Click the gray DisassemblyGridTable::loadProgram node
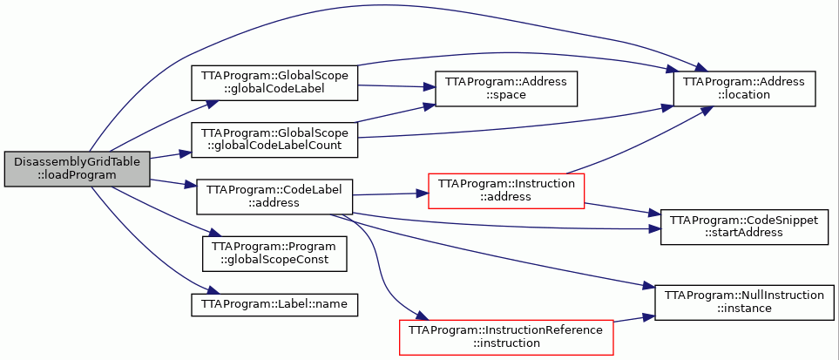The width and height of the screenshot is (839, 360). pos(77,169)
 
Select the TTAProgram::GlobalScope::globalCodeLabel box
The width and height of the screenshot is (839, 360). pos(274,83)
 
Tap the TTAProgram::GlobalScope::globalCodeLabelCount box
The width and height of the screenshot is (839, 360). pos(274,139)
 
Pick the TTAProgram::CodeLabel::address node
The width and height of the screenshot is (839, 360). pos(274,197)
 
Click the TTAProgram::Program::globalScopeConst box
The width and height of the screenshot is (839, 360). pos(274,254)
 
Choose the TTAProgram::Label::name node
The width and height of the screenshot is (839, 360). pos(274,304)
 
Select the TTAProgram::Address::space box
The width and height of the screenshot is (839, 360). pos(506,88)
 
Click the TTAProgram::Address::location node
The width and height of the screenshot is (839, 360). pos(744,88)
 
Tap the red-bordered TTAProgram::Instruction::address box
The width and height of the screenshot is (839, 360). pos(506,191)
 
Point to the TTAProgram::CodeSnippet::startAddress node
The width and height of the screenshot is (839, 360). pos(744,228)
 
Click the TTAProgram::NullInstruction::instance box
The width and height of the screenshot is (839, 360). pos(744,302)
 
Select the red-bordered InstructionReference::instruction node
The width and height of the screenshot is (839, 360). pos(506,337)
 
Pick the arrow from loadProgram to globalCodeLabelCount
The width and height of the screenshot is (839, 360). pos(171,155)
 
